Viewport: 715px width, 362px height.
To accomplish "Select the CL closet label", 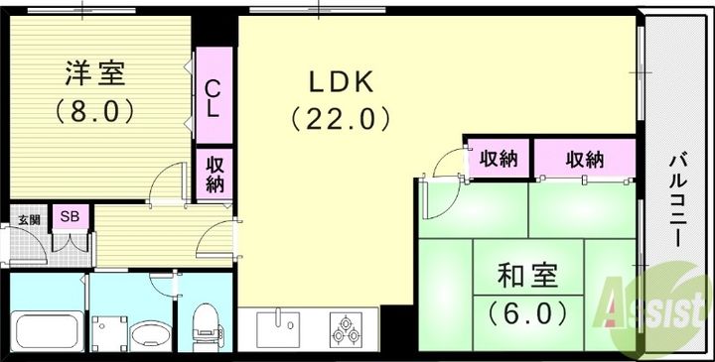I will coord(213,98).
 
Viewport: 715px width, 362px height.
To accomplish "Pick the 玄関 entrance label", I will coord(28,219).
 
